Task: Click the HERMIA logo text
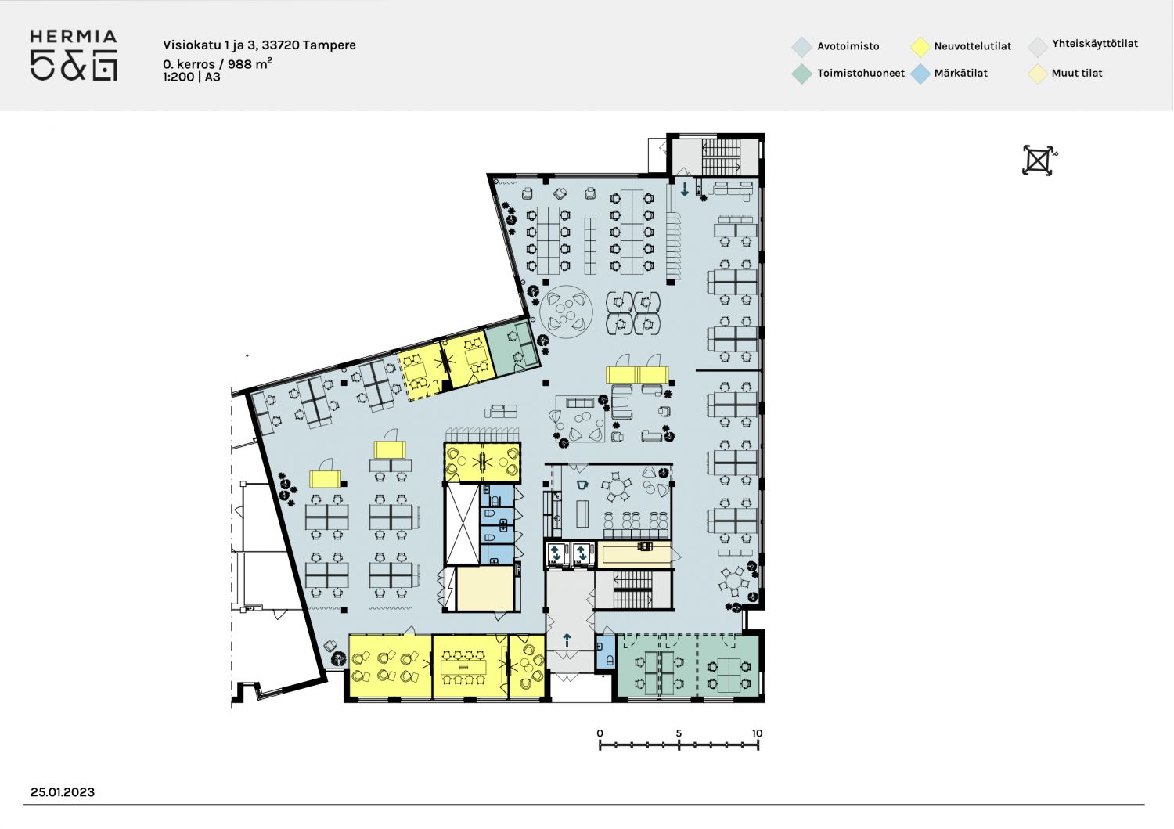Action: coord(74,37)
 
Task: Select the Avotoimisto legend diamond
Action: coord(802,47)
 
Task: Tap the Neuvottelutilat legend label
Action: coord(972,46)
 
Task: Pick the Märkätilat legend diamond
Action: coord(920,74)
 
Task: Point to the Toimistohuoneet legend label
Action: coord(861,73)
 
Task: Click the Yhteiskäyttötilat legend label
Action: coord(1095,44)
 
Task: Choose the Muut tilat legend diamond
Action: coord(1038,74)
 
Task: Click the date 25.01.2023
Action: coord(63,792)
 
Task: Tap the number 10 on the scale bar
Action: coord(757,733)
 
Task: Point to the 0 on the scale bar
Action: coord(600,733)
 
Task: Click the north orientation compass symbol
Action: coord(1039,160)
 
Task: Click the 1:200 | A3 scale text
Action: coord(191,77)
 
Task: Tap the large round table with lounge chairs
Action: coord(566,312)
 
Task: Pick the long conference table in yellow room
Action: coord(464,667)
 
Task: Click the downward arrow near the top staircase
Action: coord(685,189)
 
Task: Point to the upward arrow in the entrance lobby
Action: coord(567,640)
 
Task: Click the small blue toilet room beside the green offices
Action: coord(606,652)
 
